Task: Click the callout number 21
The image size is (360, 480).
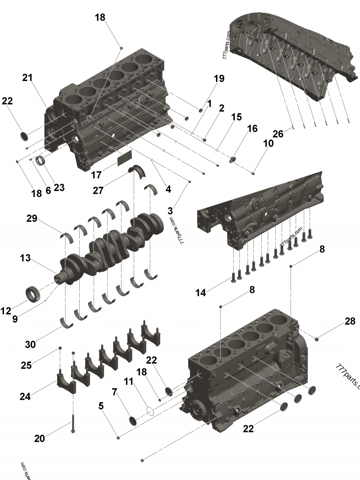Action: click(28, 77)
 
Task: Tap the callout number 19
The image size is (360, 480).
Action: click(219, 79)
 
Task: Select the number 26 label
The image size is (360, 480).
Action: click(278, 134)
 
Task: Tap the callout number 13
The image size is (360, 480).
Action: click(25, 258)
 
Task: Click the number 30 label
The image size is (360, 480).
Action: click(31, 345)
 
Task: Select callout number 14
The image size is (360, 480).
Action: click(201, 293)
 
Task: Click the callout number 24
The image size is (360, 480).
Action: click(25, 396)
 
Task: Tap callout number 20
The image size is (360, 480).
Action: click(40, 438)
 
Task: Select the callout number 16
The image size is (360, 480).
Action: click(252, 129)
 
